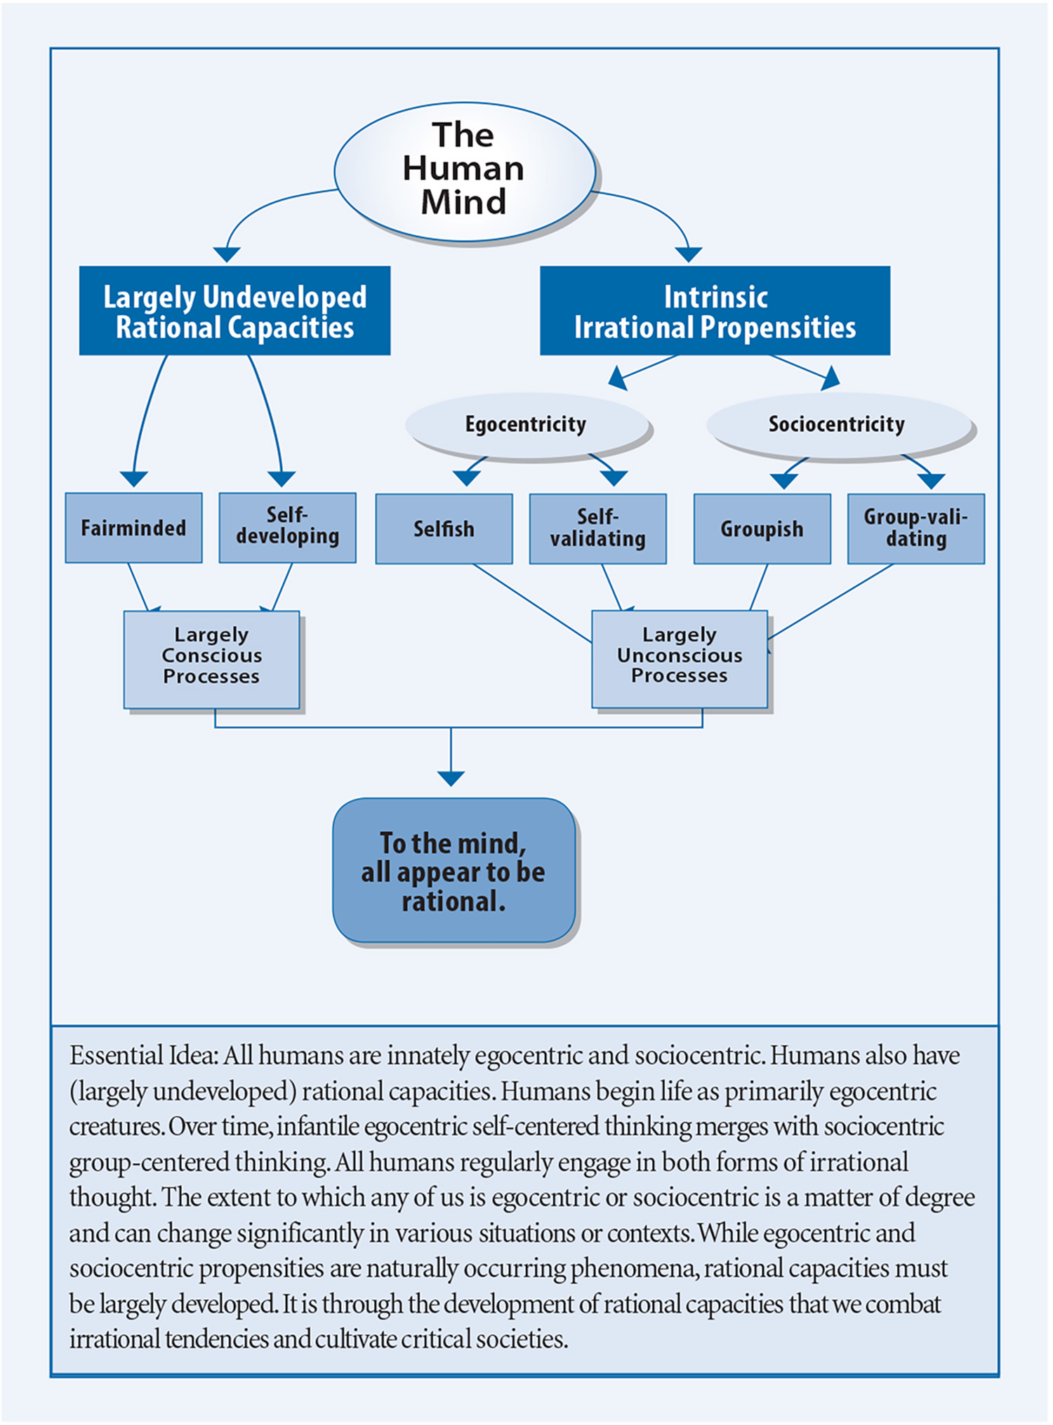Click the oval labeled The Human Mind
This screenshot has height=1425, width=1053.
[x=465, y=171]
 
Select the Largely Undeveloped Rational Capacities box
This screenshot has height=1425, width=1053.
[x=234, y=310]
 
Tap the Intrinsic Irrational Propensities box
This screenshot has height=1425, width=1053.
[x=715, y=310]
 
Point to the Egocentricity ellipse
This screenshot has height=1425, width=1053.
[x=526, y=425]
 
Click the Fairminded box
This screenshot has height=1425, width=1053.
[x=133, y=527]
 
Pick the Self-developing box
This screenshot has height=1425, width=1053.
[x=287, y=527]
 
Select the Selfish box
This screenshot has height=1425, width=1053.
[x=444, y=529]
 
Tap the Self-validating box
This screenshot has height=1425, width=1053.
[x=597, y=529]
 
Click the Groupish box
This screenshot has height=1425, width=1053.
[x=762, y=529]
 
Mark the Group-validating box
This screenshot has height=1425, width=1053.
[x=915, y=529]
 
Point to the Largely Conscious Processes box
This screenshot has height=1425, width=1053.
[x=211, y=659]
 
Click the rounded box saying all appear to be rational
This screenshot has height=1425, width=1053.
[x=453, y=870]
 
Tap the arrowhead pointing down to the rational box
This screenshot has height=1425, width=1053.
[x=451, y=778]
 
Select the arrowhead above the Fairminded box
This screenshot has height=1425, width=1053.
[x=133, y=479]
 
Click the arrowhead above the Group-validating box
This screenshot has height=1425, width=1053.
[x=932, y=481]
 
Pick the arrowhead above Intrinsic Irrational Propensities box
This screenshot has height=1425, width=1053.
[x=688, y=254]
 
